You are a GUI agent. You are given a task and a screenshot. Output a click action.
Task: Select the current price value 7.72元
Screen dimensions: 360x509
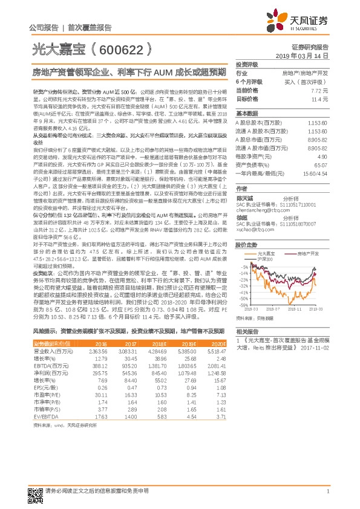tap(319, 90)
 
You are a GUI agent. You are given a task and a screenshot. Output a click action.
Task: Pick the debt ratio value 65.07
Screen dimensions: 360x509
tap(321, 164)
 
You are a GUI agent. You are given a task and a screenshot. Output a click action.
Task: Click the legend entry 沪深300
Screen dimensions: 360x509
tap(266, 259)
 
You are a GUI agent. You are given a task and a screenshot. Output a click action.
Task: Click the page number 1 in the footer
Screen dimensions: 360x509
tap(327, 491)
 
